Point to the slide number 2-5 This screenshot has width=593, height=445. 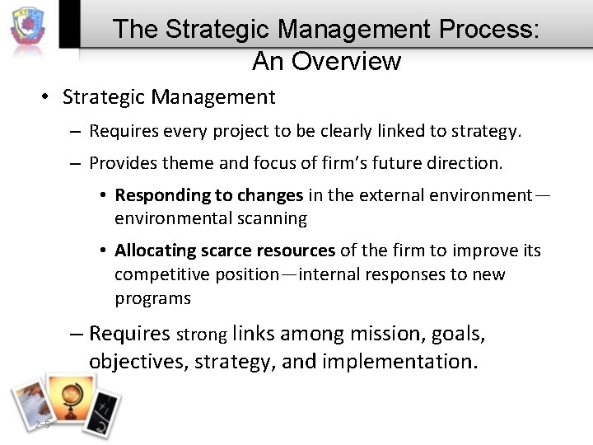coord(43,424)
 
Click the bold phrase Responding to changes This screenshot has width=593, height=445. coord(209,195)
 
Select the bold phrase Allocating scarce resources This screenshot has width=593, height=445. coord(225,250)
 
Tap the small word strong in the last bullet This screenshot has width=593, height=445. coord(201,335)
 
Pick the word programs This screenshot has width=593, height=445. coord(152,297)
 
